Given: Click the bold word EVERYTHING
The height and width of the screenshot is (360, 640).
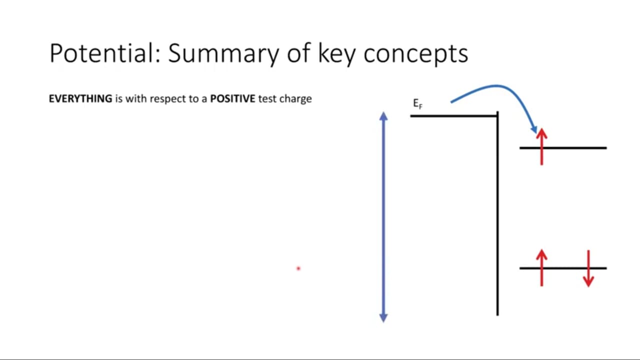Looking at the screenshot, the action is (x=80, y=98).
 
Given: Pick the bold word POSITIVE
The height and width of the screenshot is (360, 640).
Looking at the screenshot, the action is (x=232, y=98).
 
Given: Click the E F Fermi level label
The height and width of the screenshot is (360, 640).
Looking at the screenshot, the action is (x=417, y=103).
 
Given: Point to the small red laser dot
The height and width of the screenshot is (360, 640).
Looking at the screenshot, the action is (x=298, y=268).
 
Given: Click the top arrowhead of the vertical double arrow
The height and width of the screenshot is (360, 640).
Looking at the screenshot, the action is (x=383, y=115).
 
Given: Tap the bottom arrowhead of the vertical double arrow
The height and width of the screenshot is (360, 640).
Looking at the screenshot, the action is (x=383, y=318).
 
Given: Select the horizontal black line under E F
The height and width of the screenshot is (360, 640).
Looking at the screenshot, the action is (x=453, y=116).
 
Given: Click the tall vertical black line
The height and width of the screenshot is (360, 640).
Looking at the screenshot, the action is (x=497, y=213).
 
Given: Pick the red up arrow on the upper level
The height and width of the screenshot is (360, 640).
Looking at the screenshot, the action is (x=541, y=147).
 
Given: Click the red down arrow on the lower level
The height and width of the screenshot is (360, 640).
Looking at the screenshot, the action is (x=588, y=268).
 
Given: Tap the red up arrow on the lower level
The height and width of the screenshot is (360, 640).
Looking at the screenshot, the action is (x=541, y=268).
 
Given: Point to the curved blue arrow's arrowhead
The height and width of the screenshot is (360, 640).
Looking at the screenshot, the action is (x=534, y=129).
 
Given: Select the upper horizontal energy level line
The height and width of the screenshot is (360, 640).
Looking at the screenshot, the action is (x=563, y=148).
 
